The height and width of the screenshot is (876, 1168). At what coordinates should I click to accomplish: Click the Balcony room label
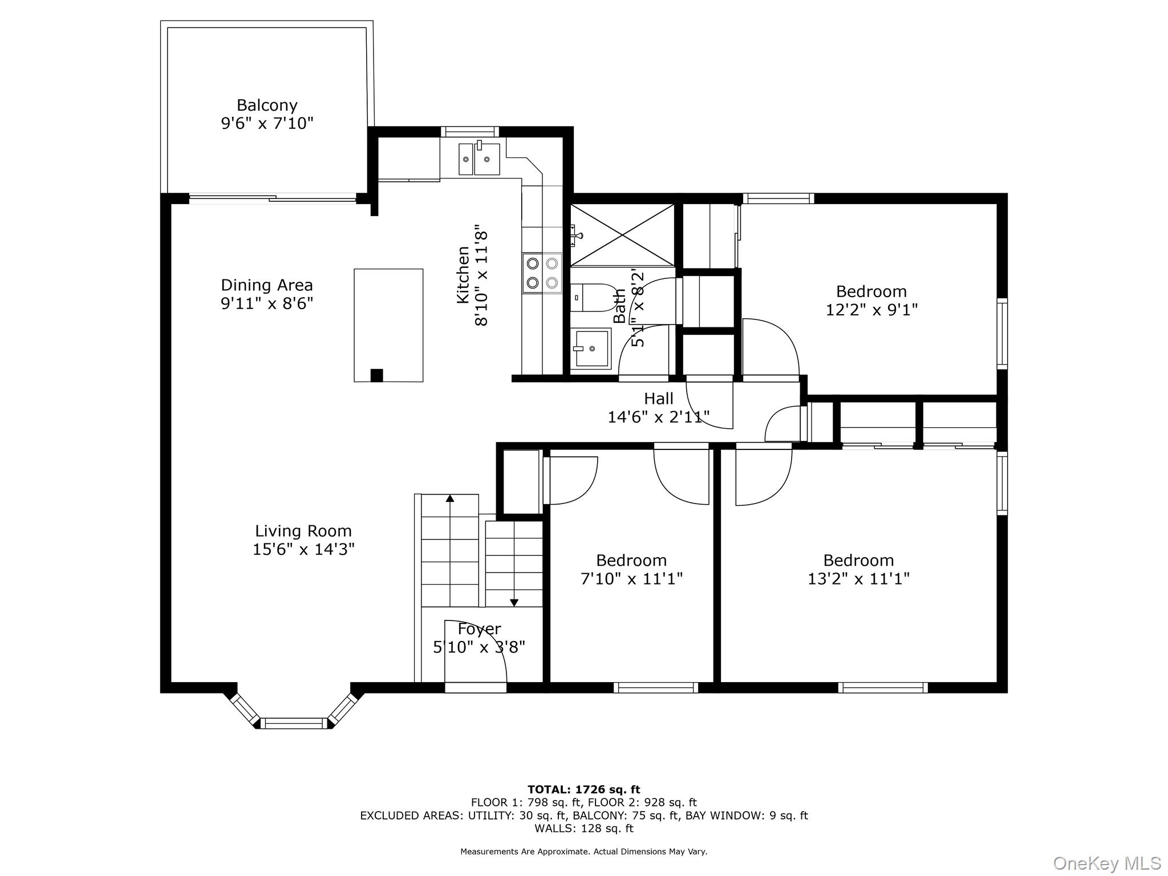point(267,106)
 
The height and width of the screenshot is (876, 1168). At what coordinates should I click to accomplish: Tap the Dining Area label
point(267,285)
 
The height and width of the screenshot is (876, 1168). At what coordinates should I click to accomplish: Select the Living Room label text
point(303,532)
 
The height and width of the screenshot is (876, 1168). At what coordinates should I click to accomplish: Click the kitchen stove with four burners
point(542,273)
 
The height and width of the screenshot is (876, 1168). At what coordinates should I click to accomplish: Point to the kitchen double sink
point(479,159)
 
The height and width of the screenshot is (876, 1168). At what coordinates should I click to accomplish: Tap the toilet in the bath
point(590,298)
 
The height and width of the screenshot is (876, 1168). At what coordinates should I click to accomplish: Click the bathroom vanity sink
point(591,348)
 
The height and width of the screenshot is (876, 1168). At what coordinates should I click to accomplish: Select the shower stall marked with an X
point(622,235)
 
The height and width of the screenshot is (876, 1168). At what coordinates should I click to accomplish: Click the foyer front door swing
point(476,651)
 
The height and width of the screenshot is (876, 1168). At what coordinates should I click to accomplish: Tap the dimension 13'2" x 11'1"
point(858,579)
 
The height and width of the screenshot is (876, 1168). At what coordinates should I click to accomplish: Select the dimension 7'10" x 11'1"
point(631,579)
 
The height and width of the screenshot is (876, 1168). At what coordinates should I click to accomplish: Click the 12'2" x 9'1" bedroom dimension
point(871,310)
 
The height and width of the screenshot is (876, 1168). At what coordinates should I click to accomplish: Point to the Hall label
point(659,399)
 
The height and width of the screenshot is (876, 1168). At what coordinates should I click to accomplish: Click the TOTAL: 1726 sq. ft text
point(584,790)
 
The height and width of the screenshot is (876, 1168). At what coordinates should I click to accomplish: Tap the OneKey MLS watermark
point(1106,863)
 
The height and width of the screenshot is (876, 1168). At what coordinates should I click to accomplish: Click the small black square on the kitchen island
point(376,375)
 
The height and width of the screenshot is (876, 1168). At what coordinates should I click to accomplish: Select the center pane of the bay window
point(294,723)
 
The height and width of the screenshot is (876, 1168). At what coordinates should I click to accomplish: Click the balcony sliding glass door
point(273,199)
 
